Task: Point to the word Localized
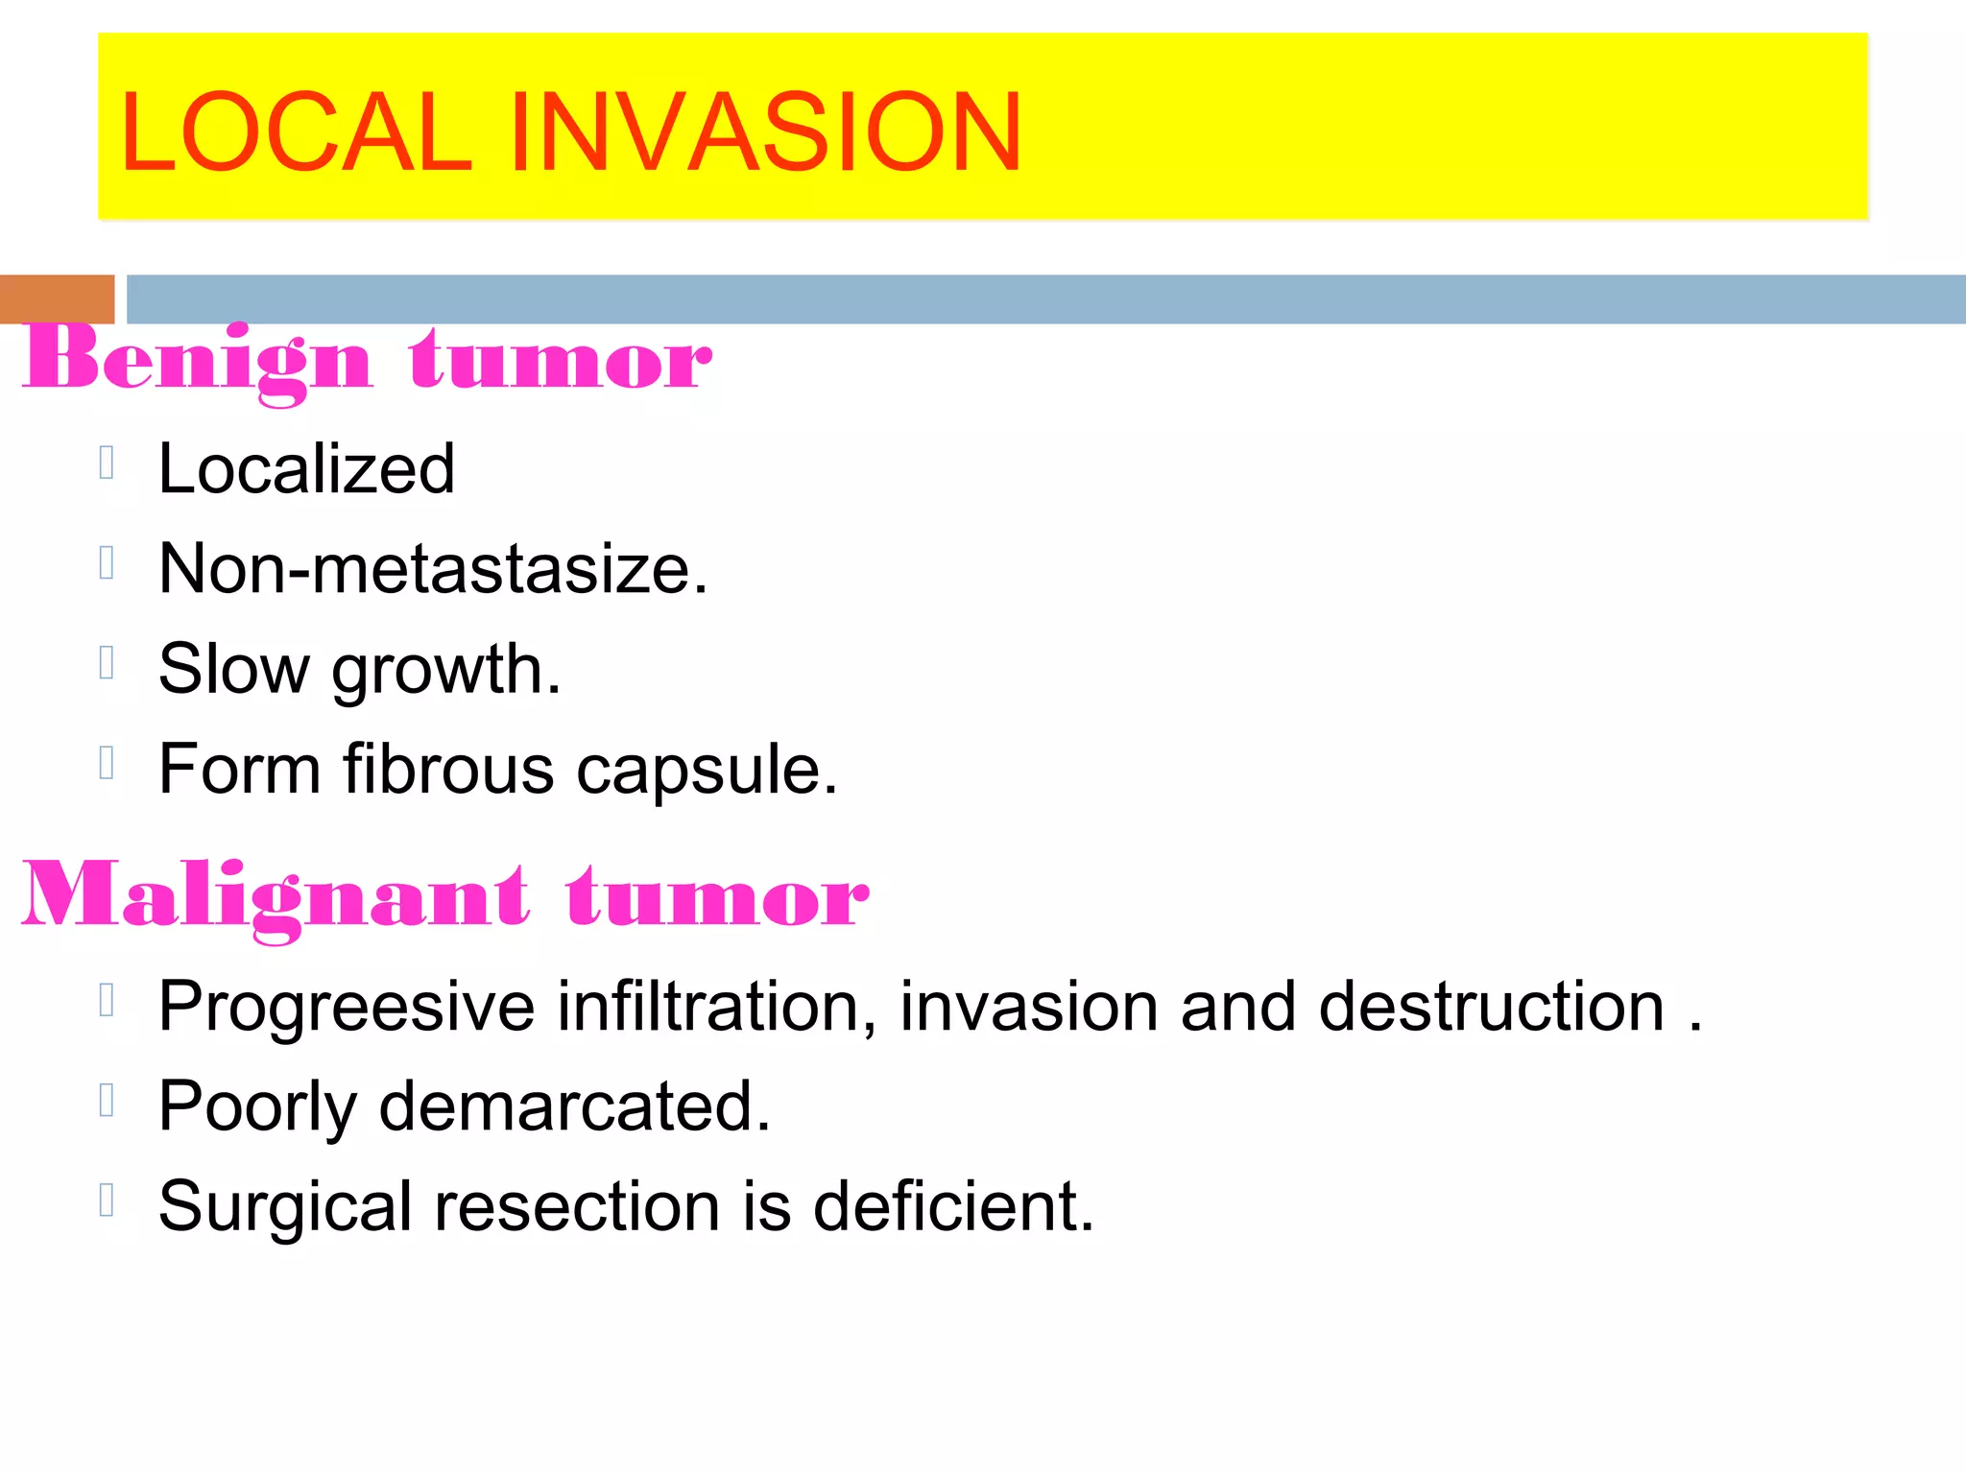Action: tap(306, 469)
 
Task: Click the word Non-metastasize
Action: tap(433, 569)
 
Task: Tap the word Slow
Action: tap(234, 669)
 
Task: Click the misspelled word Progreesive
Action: tap(347, 1008)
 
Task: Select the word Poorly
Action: tap(257, 1108)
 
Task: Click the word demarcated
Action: tap(574, 1106)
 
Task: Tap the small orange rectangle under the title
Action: tap(57, 298)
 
